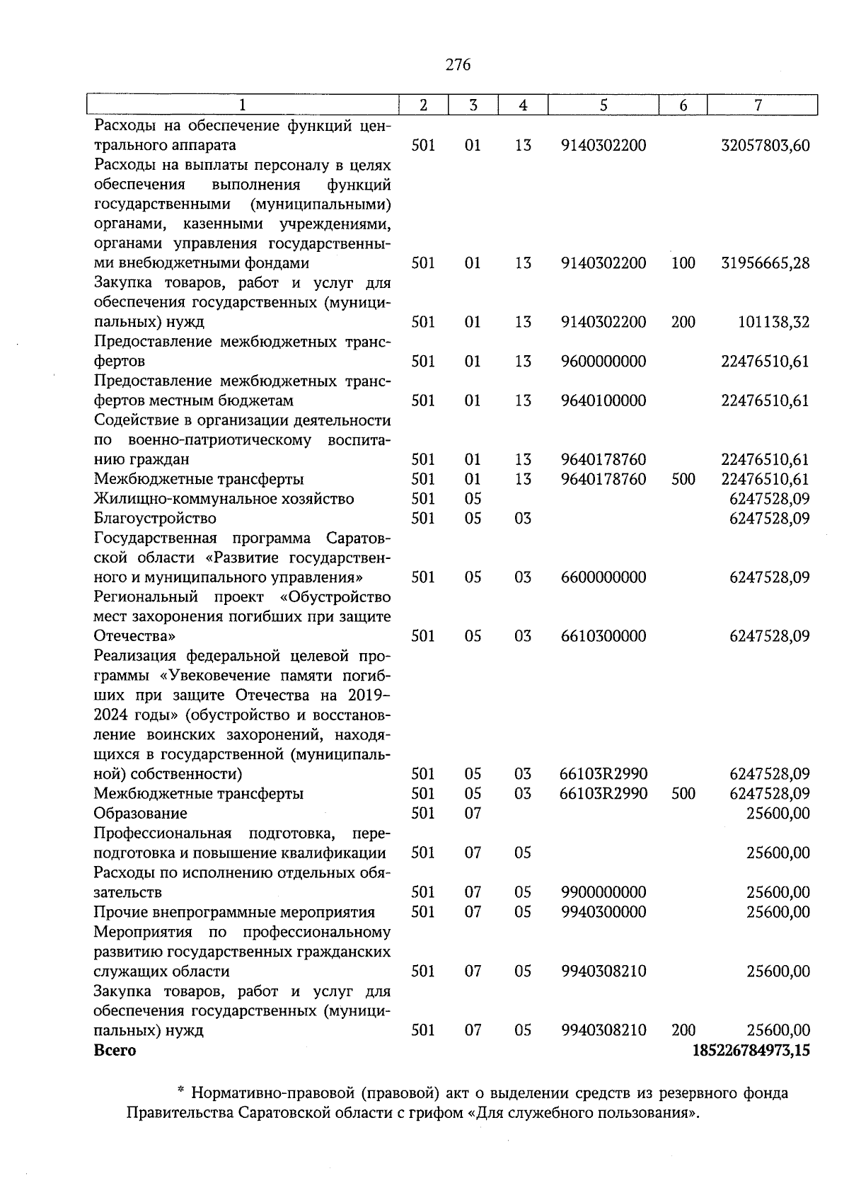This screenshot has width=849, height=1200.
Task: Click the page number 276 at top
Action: click(x=458, y=65)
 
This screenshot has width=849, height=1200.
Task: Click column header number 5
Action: click(x=603, y=105)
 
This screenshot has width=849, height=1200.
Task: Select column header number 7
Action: click(x=758, y=105)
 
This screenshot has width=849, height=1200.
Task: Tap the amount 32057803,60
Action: click(x=765, y=146)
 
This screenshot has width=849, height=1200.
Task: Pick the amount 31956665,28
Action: click(x=765, y=263)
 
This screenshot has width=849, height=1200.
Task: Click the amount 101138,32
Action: click(x=773, y=323)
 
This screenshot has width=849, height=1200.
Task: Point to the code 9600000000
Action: click(x=603, y=362)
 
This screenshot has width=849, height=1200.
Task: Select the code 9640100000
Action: click(x=603, y=400)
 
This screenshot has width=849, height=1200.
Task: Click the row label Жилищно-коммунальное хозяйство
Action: click(x=224, y=499)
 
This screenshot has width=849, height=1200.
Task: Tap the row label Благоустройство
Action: click(x=155, y=519)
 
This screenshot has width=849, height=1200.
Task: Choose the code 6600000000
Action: click(x=603, y=577)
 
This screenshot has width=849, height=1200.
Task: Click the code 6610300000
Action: click(x=603, y=636)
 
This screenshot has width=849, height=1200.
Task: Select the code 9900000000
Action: click(x=603, y=892)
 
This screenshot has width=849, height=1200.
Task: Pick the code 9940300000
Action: click(x=603, y=912)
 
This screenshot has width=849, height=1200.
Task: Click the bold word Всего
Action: click(x=115, y=1050)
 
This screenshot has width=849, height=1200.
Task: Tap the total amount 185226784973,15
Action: click(x=751, y=1050)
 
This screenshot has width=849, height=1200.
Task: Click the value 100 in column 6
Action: click(x=683, y=263)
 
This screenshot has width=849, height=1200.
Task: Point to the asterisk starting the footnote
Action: click(x=180, y=1092)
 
